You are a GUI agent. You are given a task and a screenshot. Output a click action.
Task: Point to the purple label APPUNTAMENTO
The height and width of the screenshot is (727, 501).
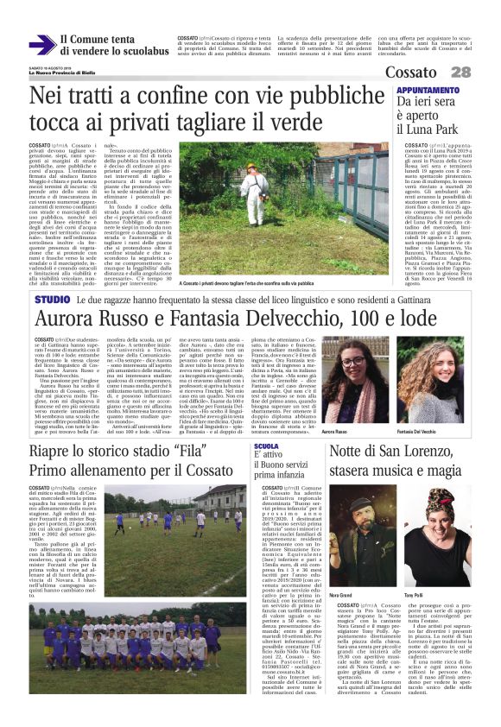tap(423, 90)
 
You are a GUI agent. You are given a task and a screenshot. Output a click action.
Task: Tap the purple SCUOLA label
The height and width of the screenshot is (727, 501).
tap(266, 446)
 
